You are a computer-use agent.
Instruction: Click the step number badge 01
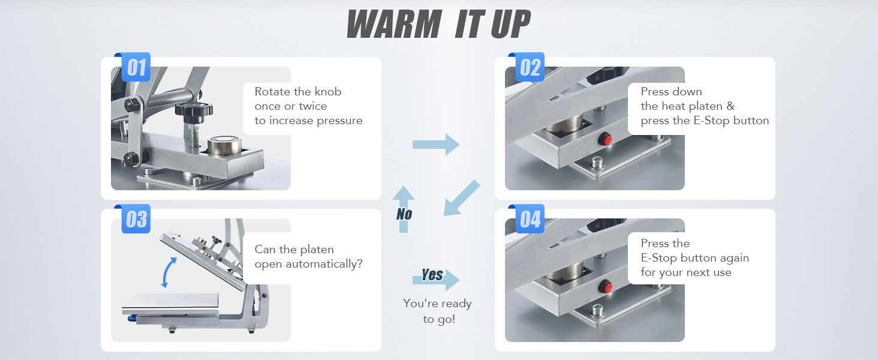pyautogui.click(x=136, y=67)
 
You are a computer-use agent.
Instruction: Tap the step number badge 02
pyautogui.click(x=530, y=67)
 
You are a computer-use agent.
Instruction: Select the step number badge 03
pyautogui.click(x=136, y=219)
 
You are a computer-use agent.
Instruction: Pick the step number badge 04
pyautogui.click(x=530, y=219)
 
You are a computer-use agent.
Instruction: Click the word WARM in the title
pyautogui.click(x=395, y=25)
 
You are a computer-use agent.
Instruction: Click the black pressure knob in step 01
pyautogui.click(x=194, y=109)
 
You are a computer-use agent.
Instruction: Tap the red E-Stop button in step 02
pyautogui.click(x=607, y=139)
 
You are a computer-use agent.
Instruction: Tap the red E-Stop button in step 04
pyautogui.click(x=607, y=287)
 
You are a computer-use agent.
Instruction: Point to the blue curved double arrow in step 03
pyautogui.click(x=168, y=272)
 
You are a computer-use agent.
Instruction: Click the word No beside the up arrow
pyautogui.click(x=404, y=214)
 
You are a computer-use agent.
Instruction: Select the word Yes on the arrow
pyautogui.click(x=432, y=275)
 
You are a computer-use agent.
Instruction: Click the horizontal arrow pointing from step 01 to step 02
pyautogui.click(x=436, y=145)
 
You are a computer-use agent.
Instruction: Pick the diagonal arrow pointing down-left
pyautogui.click(x=462, y=197)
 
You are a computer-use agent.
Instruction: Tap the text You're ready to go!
pyautogui.click(x=438, y=311)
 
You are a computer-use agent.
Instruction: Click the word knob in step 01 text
pyautogui.click(x=328, y=91)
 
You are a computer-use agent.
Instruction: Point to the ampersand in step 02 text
pyautogui.click(x=730, y=106)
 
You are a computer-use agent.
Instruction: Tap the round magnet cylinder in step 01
pyautogui.click(x=224, y=145)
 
